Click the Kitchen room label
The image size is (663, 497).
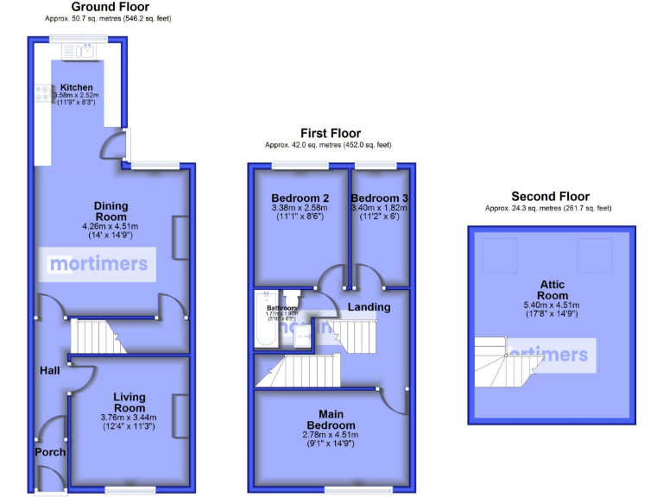pyautogui.click(x=76, y=87)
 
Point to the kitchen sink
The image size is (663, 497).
pyautogui.click(x=83, y=51)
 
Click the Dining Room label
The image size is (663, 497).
pyautogui.click(x=110, y=211)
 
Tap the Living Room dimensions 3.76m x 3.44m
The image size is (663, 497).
pyautogui.click(x=129, y=418)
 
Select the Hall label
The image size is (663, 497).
pyautogui.click(x=49, y=370)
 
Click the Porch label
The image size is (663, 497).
pyautogui.click(x=50, y=452)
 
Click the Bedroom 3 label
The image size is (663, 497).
pyautogui.click(x=379, y=198)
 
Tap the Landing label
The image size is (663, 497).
pyautogui.click(x=369, y=306)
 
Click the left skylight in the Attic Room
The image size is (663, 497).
pyautogui.click(x=496, y=251)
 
